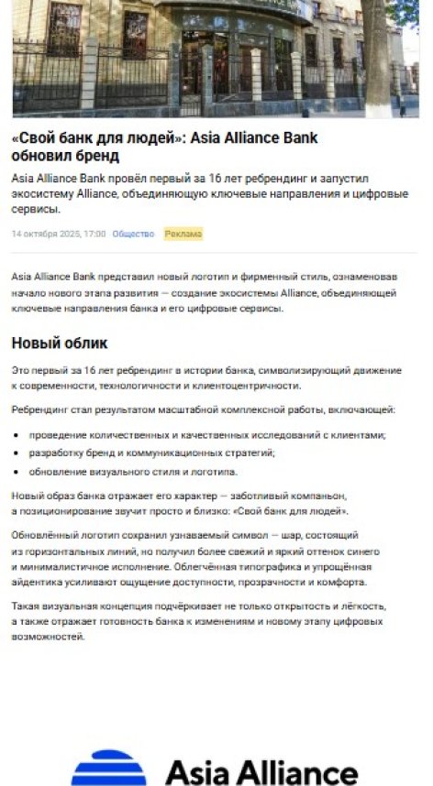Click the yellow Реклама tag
point(183,234)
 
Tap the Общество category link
point(133,234)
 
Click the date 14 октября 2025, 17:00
point(59,234)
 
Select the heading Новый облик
point(60,344)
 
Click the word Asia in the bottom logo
point(196,771)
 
